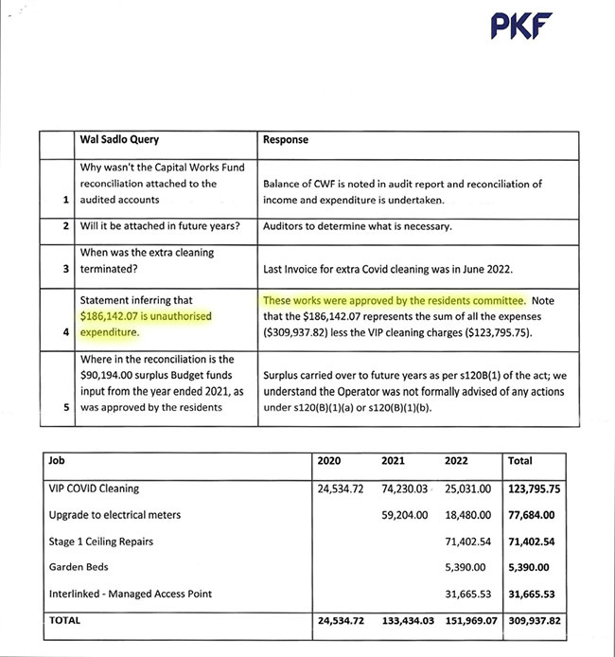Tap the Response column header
pos(286,139)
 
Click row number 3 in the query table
pos(64,269)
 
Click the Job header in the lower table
pos(57,461)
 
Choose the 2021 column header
pos(394,461)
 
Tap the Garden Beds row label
pos(79,567)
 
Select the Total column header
pos(520,461)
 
